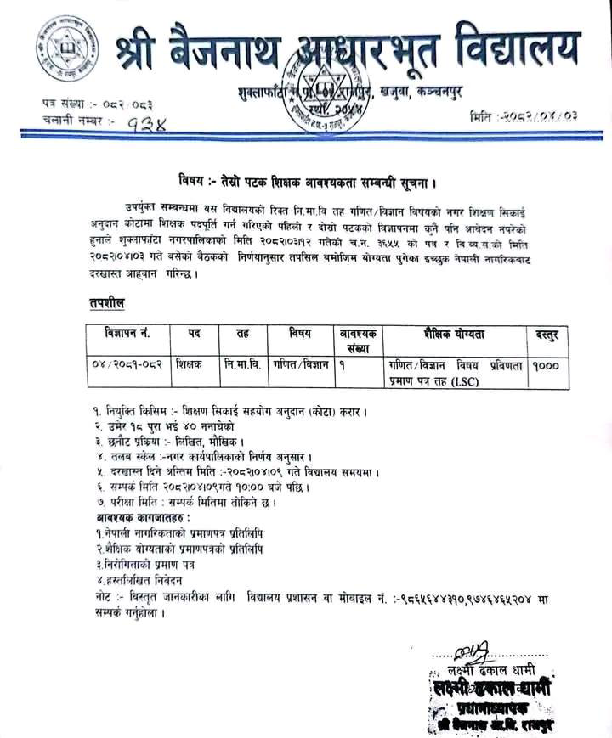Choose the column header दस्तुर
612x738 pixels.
(545, 334)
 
